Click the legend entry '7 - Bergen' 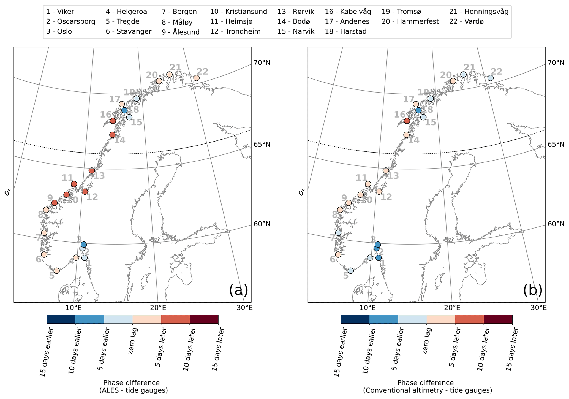pyautogui.click(x=179, y=12)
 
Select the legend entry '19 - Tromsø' pyautogui.click(x=401, y=12)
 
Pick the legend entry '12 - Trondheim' pyautogui.click(x=235, y=31)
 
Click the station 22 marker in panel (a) pyautogui.click(x=196, y=78)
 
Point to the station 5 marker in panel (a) pyautogui.click(x=56, y=271)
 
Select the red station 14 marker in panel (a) pyautogui.click(x=112, y=135)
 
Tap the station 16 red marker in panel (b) pyautogui.click(x=407, y=121)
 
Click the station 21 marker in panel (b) pyautogui.click(x=464, y=75)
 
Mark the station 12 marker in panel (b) pyautogui.click(x=379, y=191)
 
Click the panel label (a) pyautogui.click(x=238, y=290)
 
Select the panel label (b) pyautogui.click(x=533, y=290)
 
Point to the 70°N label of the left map pyautogui.click(x=262, y=63)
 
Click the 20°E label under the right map pyautogui.click(x=452, y=308)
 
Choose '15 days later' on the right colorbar pyautogui.click(x=512, y=349)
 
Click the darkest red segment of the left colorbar pyautogui.click(x=204, y=319)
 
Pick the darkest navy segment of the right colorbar pyautogui.click(x=355, y=319)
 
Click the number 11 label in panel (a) pyautogui.click(x=67, y=178)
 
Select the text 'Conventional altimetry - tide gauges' pyautogui.click(x=428, y=390)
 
